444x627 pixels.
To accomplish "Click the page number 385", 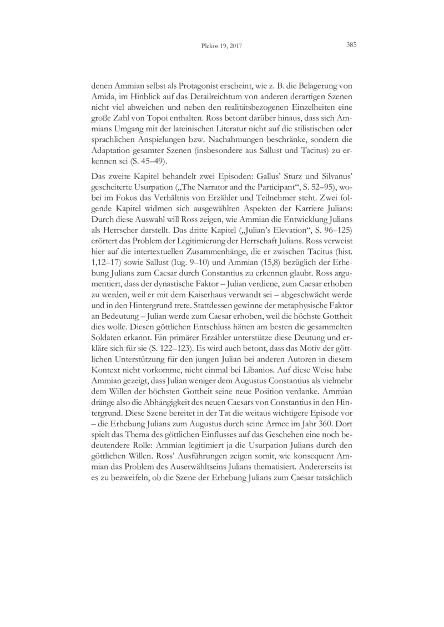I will pos(351,46).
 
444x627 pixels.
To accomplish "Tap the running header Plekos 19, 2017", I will pos(221,47).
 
